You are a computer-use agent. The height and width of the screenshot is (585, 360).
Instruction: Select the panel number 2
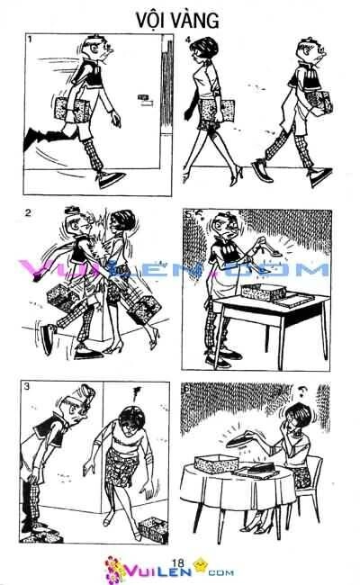click(30, 213)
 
